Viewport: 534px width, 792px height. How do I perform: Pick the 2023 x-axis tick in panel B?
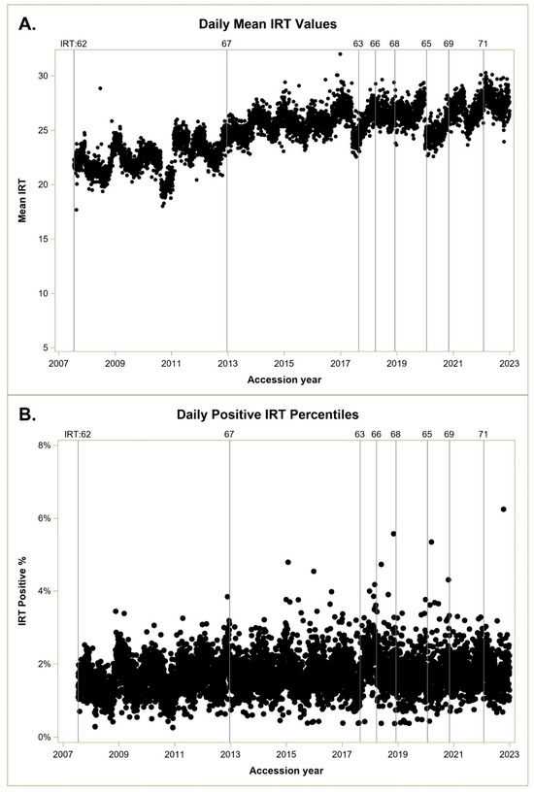coord(511,752)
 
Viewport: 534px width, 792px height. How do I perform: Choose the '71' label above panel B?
coord(484,435)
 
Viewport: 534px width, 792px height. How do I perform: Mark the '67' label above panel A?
coord(227,44)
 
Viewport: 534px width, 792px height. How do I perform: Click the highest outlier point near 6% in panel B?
coord(503,509)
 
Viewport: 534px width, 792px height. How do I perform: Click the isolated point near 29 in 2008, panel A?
coord(100,88)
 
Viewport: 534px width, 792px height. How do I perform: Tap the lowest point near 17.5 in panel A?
coord(77,210)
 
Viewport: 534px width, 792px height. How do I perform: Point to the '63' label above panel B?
coord(359,435)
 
